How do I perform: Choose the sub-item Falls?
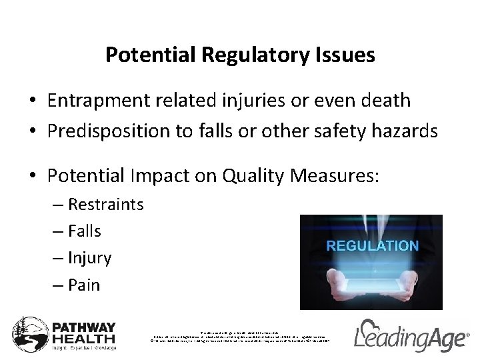(83, 231)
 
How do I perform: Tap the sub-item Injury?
(89, 258)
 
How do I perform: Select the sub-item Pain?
(83, 285)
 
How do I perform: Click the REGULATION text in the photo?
(372, 246)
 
